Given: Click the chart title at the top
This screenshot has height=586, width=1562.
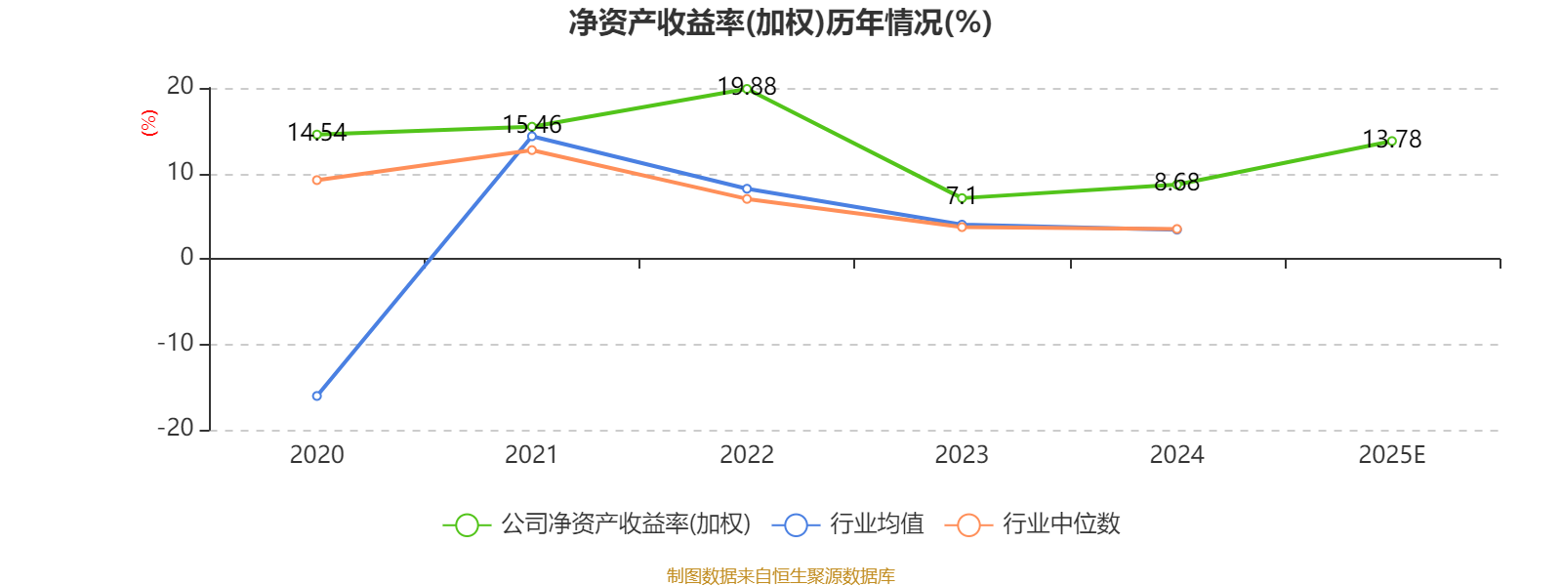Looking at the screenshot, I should (780, 22).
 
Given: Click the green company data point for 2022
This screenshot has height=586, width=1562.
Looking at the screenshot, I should (747, 89).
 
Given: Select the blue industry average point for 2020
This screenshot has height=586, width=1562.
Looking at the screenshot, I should (316, 396).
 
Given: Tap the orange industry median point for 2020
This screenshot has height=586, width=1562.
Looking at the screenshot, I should (316, 180).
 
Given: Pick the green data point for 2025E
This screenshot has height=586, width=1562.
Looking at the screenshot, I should (1391, 141).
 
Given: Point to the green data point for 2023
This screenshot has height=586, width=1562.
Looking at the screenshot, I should (962, 197).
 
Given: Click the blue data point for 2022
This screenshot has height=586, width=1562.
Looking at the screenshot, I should (747, 188).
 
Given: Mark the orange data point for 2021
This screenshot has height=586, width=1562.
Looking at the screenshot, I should (531, 149).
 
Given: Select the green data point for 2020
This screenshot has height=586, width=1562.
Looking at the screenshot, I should (316, 134).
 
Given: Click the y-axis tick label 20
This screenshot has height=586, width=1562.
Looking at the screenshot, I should (180, 87).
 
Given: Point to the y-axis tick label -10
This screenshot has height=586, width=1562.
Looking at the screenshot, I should (176, 344).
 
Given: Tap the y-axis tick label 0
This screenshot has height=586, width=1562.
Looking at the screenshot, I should (186, 258).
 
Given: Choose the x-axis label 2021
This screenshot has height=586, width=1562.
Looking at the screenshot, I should (531, 455).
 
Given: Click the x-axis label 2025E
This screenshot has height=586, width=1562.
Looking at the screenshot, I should (1391, 455).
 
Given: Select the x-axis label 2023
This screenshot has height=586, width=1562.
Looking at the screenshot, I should (962, 455).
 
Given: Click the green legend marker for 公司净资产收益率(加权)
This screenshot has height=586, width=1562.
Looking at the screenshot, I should (467, 524).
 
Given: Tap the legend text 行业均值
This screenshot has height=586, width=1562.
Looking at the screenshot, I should (877, 524).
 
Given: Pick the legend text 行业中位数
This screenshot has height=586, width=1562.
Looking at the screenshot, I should (1061, 524).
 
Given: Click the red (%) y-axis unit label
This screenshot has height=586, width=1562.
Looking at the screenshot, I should (149, 123).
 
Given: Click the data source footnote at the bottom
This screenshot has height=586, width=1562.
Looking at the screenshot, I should (780, 576).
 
